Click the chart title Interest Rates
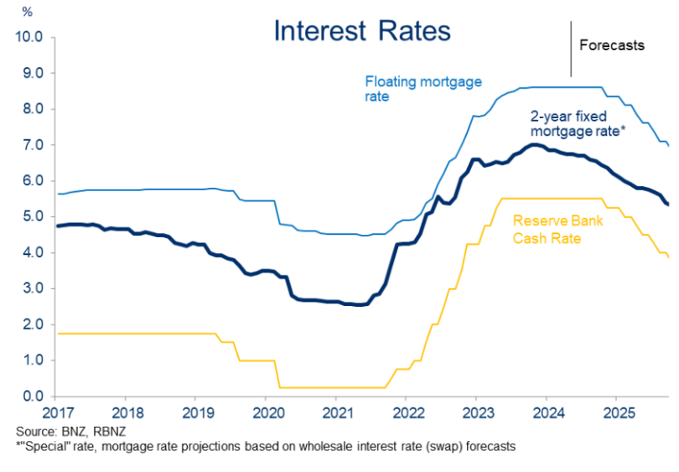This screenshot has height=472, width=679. pos(362,31)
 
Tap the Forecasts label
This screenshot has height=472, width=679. pos(612,45)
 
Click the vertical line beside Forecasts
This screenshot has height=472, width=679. pos(571,48)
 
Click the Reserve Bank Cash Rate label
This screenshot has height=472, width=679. pos(560,230)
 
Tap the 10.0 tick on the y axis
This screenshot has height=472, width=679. pos(29,38)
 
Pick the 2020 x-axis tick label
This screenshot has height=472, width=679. pos(266,414)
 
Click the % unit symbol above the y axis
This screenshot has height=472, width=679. pos(28,13)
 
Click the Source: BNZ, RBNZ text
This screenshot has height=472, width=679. pos(69,431)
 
